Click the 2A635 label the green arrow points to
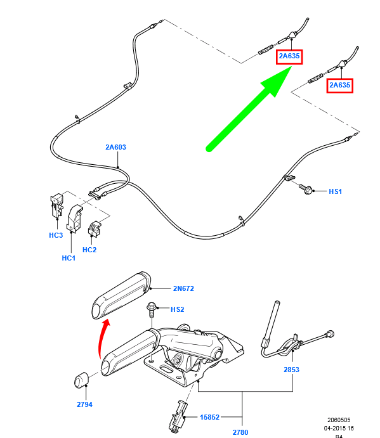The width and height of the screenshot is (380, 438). (289, 56)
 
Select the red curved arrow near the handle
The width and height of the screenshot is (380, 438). (102, 342)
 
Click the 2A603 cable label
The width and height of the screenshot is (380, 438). (115, 147)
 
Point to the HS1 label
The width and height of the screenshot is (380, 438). (335, 191)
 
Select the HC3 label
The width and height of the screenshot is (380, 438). (56, 236)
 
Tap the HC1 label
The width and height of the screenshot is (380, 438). (69, 259)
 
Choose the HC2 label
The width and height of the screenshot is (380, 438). (89, 250)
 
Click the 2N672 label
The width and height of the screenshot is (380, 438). (183, 288)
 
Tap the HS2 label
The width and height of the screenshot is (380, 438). (178, 309)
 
